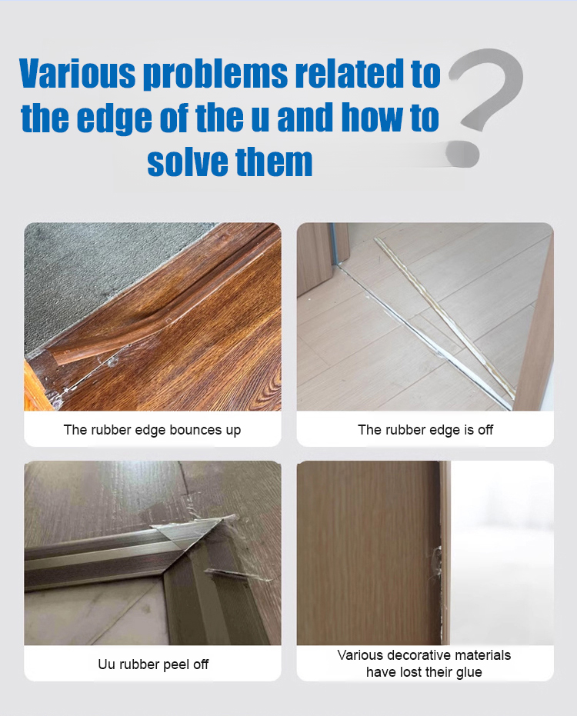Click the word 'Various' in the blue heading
coord(77,73)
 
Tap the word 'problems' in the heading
coord(215,75)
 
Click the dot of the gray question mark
coord(462,154)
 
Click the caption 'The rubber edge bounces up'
coord(152,430)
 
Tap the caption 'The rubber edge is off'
coord(425,430)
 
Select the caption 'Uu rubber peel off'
coord(153,664)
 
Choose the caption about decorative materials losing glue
coord(424,664)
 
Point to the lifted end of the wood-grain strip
coord(57,355)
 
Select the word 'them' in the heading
coord(274,162)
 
